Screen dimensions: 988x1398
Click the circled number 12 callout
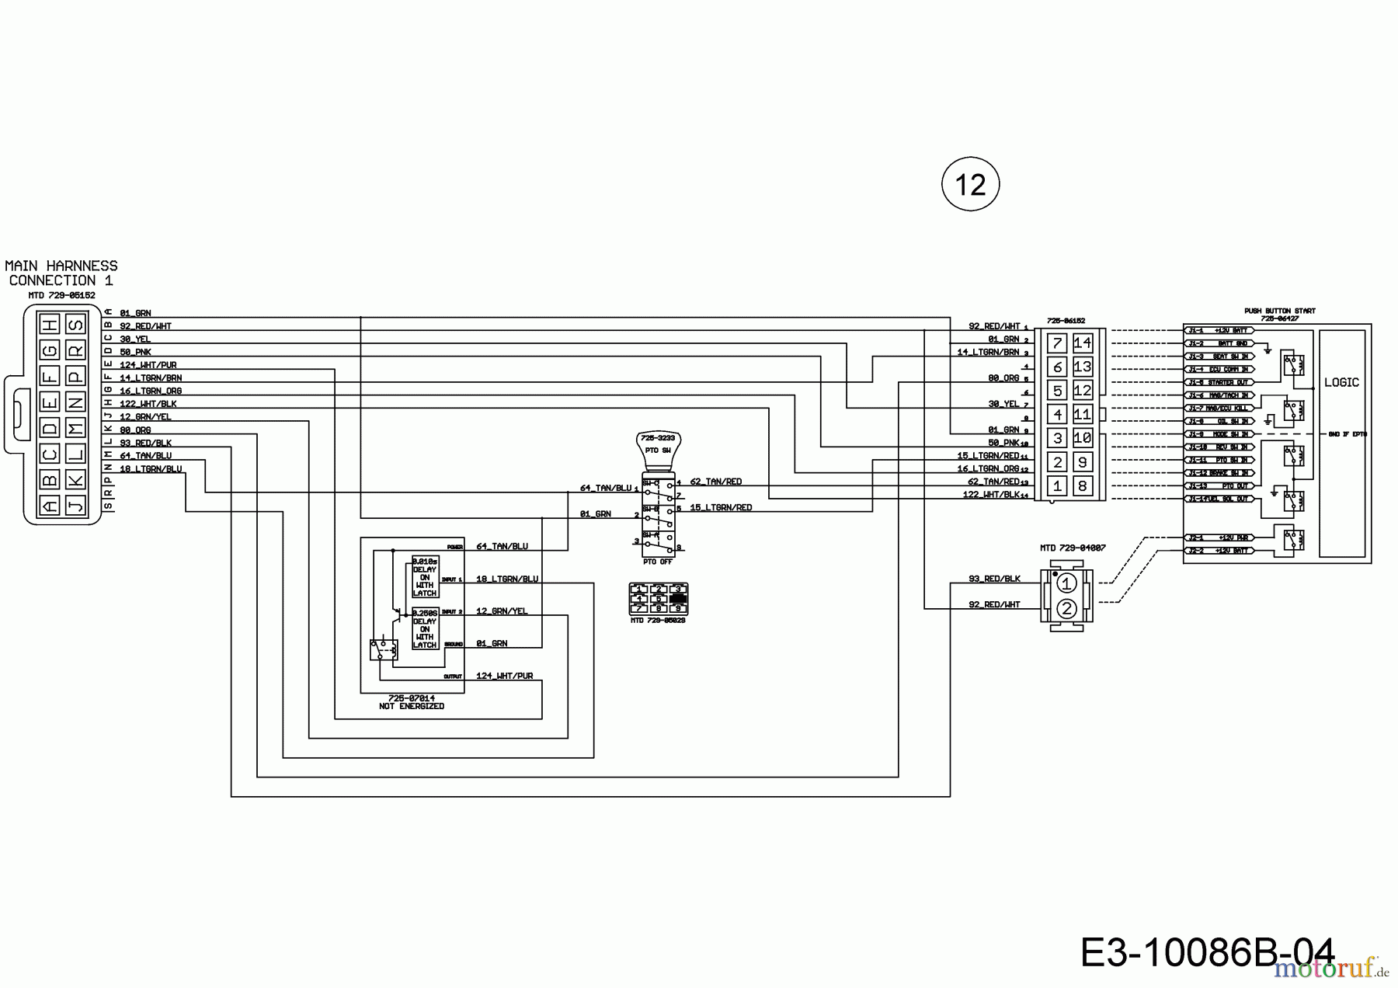pos(970,185)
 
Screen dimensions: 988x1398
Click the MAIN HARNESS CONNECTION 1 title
pos(61,273)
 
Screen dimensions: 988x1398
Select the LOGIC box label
pos(1341,382)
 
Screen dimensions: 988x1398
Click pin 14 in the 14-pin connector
pos(1082,343)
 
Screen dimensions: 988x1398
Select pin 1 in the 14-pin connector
pos(1057,486)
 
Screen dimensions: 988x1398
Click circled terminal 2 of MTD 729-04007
pos(1066,609)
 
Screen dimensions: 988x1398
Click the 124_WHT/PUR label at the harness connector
pos(148,365)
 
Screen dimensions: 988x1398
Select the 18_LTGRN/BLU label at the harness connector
pos(151,469)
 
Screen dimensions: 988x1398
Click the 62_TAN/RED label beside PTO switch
pos(715,482)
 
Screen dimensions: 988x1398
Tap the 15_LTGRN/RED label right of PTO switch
pos(721,508)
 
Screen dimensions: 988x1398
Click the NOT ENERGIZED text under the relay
pos(412,707)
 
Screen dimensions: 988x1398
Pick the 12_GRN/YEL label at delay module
pos(501,611)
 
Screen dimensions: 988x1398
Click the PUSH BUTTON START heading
pos(1279,311)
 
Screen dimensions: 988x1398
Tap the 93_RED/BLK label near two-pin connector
pos(994,579)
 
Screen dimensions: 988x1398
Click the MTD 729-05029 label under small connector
pos(658,620)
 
